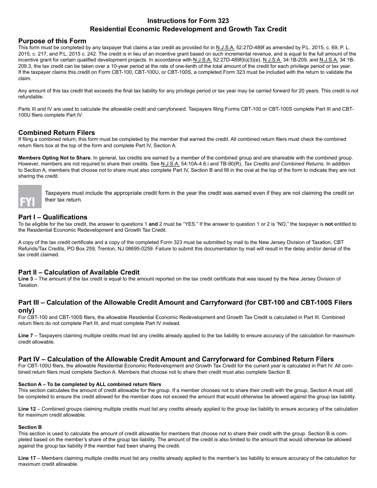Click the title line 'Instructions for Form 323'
[x=188, y=21]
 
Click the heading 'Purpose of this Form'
[x=52, y=41]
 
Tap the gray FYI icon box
[x=30, y=196]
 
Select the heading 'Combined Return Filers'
[x=57, y=133]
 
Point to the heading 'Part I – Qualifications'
[x=53, y=217]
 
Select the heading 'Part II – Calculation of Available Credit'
[x=79, y=272]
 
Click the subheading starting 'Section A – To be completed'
[x=90, y=384]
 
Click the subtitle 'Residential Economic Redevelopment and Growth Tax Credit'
[x=188, y=29]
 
